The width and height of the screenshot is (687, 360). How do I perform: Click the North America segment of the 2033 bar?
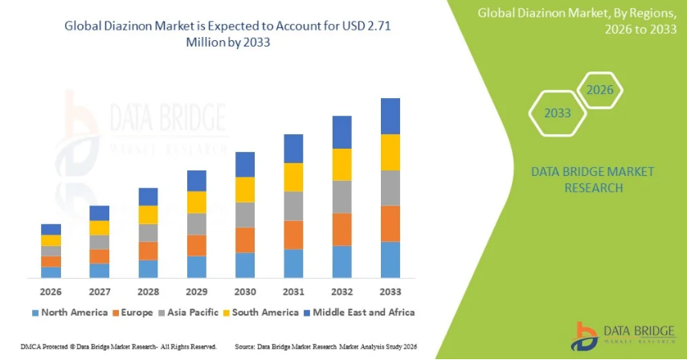[391, 260]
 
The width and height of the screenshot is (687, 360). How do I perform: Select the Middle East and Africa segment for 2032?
[342, 132]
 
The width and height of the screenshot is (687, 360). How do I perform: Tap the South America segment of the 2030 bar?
[245, 189]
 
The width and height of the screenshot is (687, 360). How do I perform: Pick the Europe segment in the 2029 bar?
[197, 245]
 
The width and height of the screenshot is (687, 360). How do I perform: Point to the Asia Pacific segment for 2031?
[293, 206]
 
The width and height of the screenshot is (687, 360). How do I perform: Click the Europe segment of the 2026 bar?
[51, 261]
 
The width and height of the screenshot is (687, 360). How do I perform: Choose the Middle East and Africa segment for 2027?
[100, 213]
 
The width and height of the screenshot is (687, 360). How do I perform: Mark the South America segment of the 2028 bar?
[149, 215]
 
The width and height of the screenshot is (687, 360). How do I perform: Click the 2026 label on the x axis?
[51, 291]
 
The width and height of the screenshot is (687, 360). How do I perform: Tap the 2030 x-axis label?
[245, 291]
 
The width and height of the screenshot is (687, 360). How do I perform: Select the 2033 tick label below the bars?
[391, 291]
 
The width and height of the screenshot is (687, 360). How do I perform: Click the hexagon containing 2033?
[557, 112]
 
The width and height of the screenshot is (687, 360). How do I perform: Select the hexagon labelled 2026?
[599, 89]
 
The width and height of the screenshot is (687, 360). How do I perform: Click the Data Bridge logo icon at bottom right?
[586, 336]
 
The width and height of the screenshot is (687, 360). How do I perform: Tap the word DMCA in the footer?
[15, 346]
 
